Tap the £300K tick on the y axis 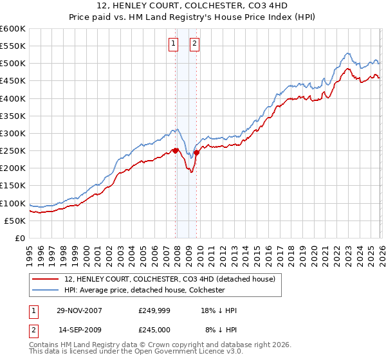pyautogui.click(x=13, y=133)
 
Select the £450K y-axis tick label pyautogui.click(x=13, y=81)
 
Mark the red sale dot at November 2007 pyautogui.click(x=176, y=151)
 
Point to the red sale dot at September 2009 pyautogui.click(x=196, y=152)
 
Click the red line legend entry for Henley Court pyautogui.click(x=170, y=279)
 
